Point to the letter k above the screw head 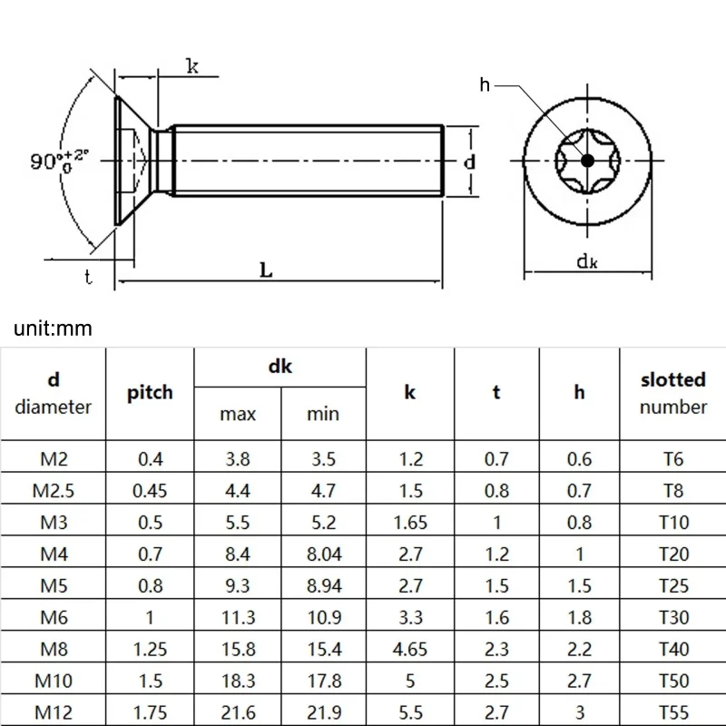[192, 65]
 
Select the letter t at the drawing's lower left [89, 278]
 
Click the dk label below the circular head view [587, 262]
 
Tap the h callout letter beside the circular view [485, 84]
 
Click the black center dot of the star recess [587, 161]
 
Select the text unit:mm [54, 328]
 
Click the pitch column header [151, 393]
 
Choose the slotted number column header [672, 393]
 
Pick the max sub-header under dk [238, 414]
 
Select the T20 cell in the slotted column [672, 554]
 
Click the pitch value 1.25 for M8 [151, 649]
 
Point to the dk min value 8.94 [322, 586]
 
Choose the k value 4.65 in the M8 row [410, 649]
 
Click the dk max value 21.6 [238, 712]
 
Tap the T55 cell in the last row [672, 712]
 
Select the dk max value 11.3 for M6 [238, 618]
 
